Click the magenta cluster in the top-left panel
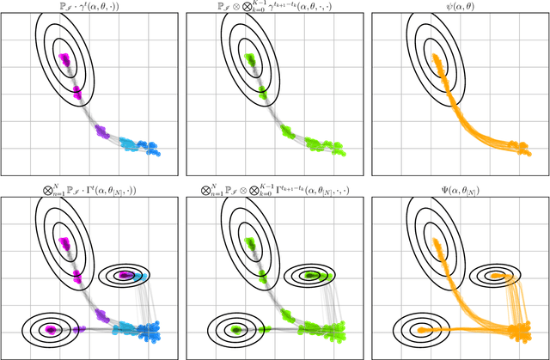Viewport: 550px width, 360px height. click(x=64, y=61)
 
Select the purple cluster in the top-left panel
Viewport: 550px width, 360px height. click(x=101, y=132)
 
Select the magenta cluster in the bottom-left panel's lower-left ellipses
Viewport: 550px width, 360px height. click(x=51, y=329)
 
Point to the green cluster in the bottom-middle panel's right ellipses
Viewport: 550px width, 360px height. click(x=310, y=276)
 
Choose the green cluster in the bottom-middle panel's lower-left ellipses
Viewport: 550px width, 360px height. click(x=235, y=329)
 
